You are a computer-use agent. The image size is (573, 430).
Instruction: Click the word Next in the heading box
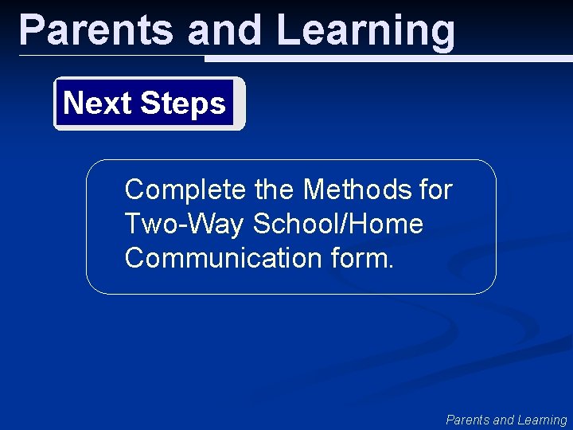pos(96,104)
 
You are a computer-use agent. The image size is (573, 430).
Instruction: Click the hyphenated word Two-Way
pos(185,225)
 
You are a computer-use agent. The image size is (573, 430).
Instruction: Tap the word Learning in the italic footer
pos(542,420)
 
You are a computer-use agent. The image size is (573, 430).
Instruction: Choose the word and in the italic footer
pos(504,420)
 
